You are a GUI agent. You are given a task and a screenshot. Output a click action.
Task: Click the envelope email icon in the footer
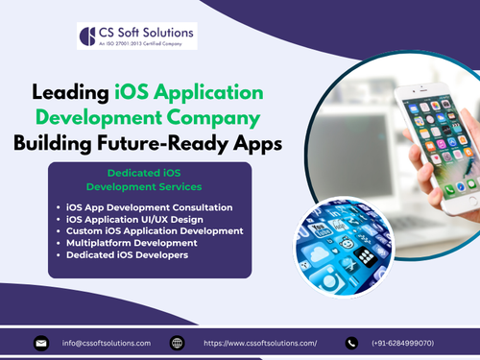click(x=41, y=343)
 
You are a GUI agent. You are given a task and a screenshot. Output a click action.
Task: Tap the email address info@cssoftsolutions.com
click(x=106, y=343)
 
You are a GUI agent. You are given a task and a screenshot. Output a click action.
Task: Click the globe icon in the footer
click(x=177, y=343)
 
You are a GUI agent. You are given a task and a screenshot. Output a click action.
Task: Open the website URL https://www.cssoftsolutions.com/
click(x=259, y=343)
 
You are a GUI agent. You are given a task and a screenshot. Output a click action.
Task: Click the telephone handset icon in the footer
click(x=352, y=343)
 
